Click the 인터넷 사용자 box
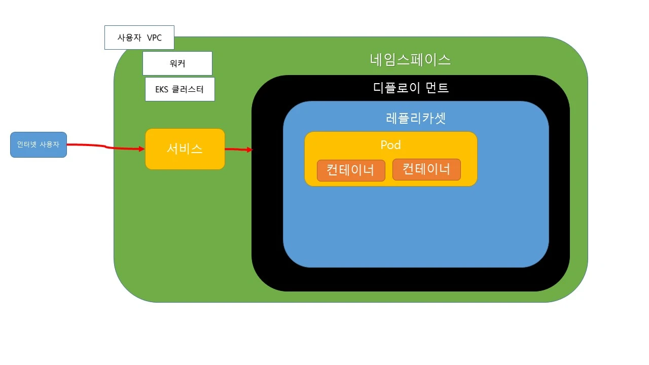[38, 144]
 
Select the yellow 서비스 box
[185, 149]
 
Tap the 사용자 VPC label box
[139, 38]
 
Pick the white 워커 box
[177, 63]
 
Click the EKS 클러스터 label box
[179, 89]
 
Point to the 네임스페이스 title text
[410, 60]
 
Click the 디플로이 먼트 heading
[411, 88]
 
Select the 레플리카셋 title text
[416, 118]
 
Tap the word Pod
[390, 145]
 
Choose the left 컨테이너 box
[351, 170]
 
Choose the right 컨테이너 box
[426, 169]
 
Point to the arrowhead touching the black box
[249, 150]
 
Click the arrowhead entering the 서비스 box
[141, 149]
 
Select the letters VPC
[154, 38]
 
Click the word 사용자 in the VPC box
[129, 38]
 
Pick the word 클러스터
[188, 90]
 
